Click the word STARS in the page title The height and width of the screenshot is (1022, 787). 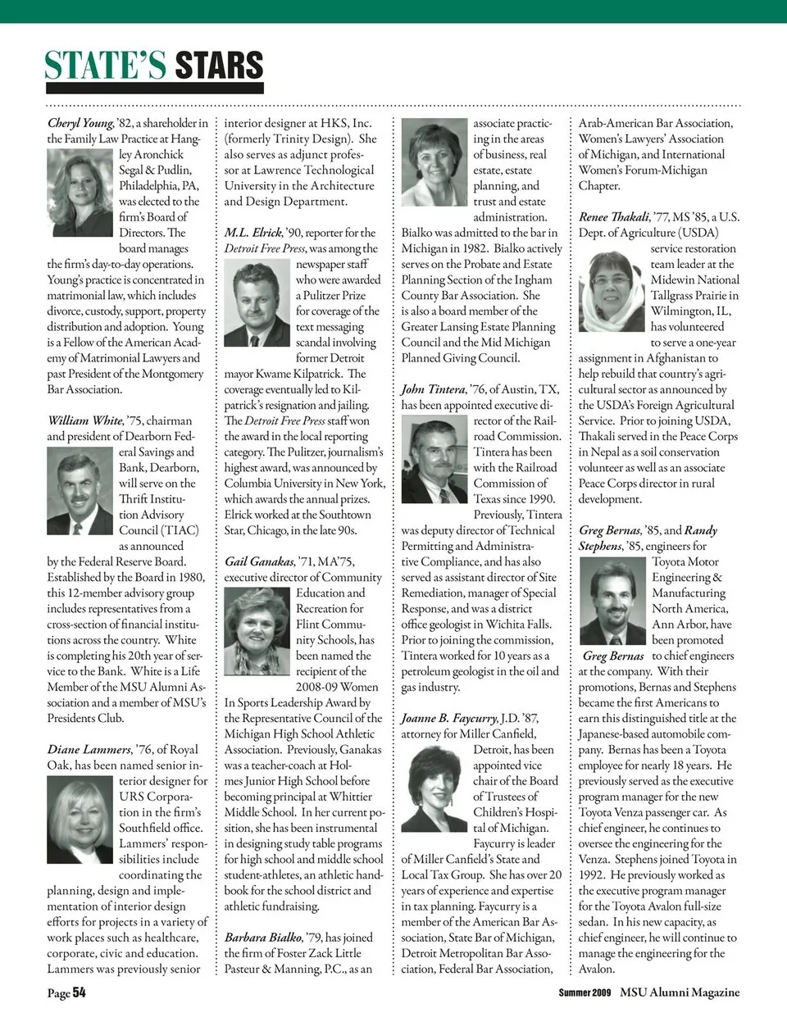point(219,66)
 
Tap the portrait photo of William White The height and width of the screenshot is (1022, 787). point(80,491)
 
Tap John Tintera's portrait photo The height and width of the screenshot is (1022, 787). point(434,459)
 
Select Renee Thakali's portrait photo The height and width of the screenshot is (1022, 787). point(612,292)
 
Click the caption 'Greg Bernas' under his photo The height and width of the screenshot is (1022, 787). point(613,656)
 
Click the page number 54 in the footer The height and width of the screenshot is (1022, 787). point(79,992)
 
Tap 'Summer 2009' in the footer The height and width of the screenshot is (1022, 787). point(585,992)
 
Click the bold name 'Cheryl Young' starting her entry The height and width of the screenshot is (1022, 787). point(80,123)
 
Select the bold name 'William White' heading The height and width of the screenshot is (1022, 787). point(85,420)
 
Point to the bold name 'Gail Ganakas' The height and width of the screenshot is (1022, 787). point(259,561)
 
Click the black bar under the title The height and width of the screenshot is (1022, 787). point(155,88)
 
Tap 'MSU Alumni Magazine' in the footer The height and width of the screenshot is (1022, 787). point(680,992)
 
